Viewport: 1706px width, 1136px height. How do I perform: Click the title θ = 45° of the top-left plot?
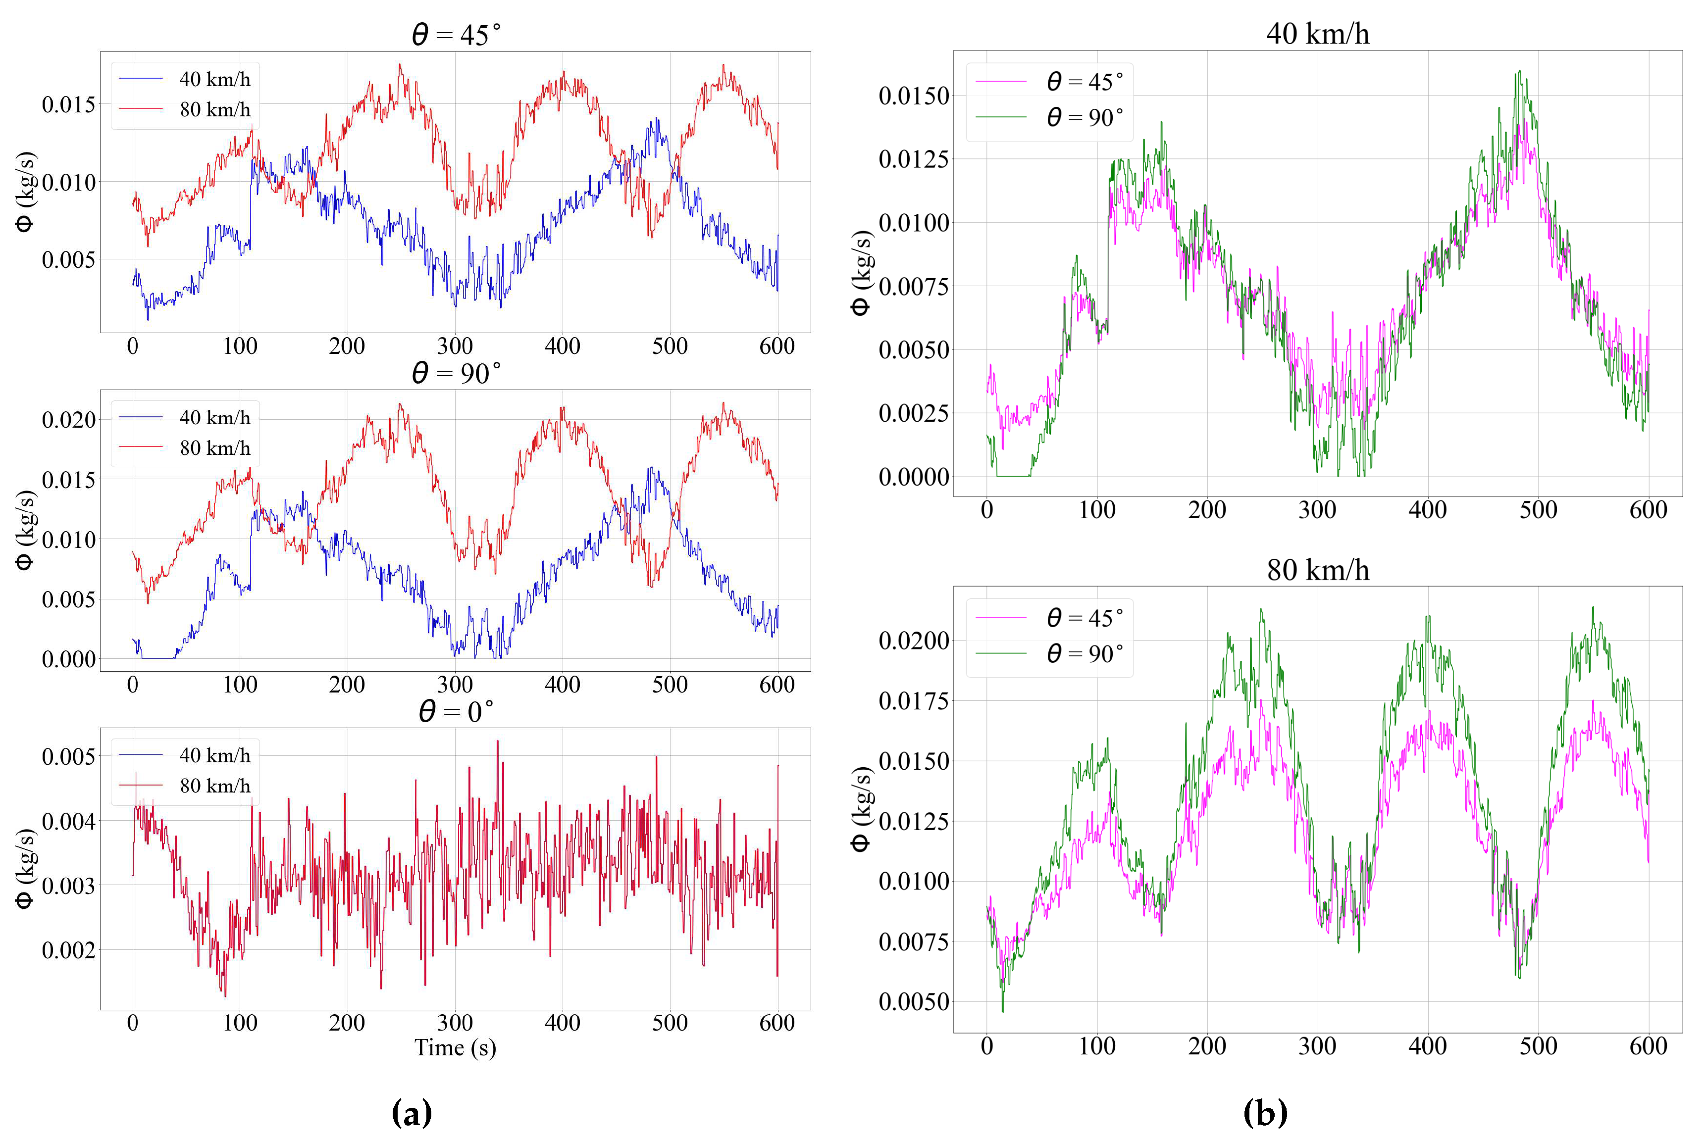pos(456,34)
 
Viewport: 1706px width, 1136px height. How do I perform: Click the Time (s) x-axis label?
pos(455,1047)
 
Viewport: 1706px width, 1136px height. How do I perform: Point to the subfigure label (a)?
pos(412,1111)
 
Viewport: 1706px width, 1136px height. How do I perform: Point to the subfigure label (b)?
pos(1265,1111)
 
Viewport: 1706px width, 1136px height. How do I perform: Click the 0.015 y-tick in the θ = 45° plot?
pos(68,104)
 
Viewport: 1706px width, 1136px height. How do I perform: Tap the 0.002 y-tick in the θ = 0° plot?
pos(68,950)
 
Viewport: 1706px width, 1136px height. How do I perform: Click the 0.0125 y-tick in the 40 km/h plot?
pos(913,159)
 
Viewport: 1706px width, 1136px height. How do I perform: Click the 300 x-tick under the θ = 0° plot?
pos(455,1023)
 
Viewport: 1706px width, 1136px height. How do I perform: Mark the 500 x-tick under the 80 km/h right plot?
pos(1537,1046)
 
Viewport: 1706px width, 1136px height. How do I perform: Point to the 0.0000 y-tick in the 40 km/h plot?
pos(913,477)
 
